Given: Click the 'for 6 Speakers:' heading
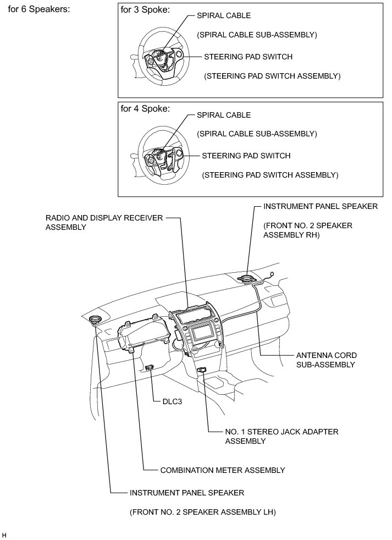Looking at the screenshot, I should click(39, 9).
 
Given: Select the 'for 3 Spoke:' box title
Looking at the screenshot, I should click(145, 9).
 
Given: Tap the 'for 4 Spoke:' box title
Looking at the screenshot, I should click(145, 108).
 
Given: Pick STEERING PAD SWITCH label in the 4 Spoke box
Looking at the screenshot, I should click(246, 156).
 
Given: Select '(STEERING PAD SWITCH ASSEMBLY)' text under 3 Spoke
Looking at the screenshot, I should click(272, 76).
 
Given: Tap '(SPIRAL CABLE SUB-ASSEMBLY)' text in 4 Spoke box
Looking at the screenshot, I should click(256, 134).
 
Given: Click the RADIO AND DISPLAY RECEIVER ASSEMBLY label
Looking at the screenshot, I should click(104, 222).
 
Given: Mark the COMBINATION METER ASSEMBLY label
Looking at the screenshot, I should click(222, 470).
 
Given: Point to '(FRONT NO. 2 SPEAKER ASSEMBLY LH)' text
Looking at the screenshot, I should click(202, 513).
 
